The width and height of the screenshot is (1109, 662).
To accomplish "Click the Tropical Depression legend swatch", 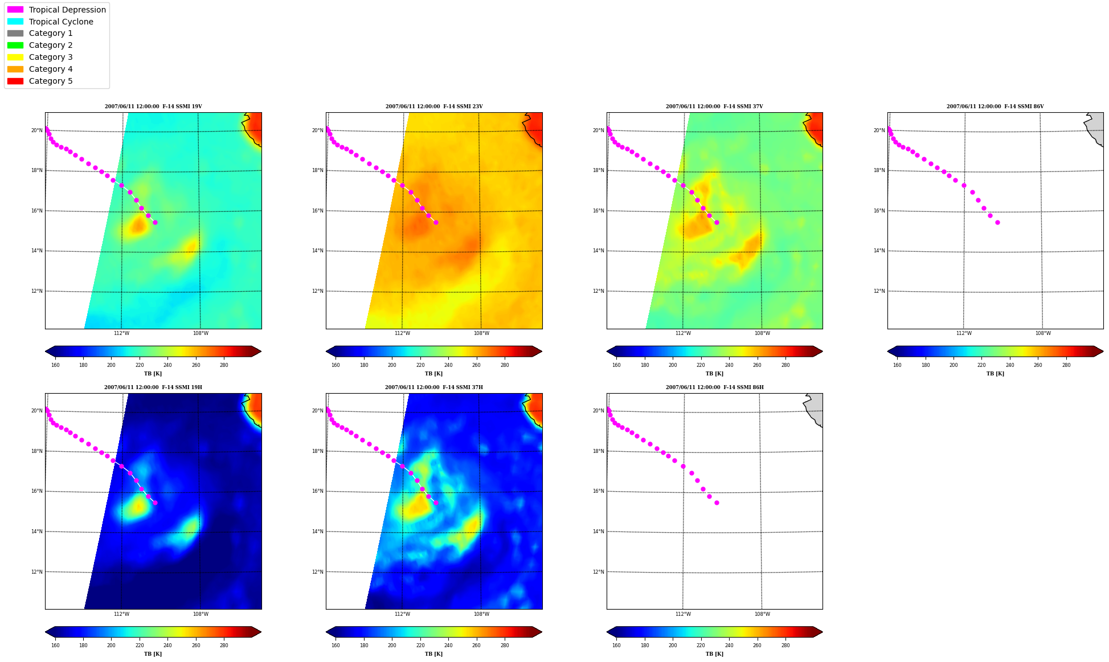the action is pos(15,10).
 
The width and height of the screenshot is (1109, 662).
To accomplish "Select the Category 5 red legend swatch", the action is pos(15,81).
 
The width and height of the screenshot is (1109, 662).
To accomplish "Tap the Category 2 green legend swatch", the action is pos(15,45).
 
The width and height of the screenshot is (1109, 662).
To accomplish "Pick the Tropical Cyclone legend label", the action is pos(61,22).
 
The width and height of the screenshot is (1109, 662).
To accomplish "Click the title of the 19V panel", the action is pos(153,107).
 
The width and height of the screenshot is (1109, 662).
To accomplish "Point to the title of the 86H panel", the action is pos(714,387).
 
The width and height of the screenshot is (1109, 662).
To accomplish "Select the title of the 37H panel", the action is pos(433,387).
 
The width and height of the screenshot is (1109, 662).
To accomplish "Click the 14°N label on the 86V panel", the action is pos(879,251).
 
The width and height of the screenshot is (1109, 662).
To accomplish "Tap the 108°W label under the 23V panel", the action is pos(481,333).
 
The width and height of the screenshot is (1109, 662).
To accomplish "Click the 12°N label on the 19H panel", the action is pos(36,572).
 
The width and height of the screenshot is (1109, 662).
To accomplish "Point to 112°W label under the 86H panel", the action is pos(683,614).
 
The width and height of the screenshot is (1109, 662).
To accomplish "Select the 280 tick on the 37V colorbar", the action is pos(785,365).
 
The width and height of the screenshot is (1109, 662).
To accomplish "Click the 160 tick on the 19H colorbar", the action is pos(55,645).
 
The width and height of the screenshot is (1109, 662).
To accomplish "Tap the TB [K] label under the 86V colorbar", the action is pos(995,374).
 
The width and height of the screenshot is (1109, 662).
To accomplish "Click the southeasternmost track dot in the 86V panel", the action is pos(997,222).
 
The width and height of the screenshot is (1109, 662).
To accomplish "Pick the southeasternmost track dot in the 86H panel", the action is pos(717,502).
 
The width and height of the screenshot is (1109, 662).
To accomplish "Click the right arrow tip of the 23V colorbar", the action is pos(542,352).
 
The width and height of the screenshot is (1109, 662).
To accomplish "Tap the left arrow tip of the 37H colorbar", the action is pos(326,632).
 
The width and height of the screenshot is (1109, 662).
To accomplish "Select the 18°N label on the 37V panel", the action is pos(599,170).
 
